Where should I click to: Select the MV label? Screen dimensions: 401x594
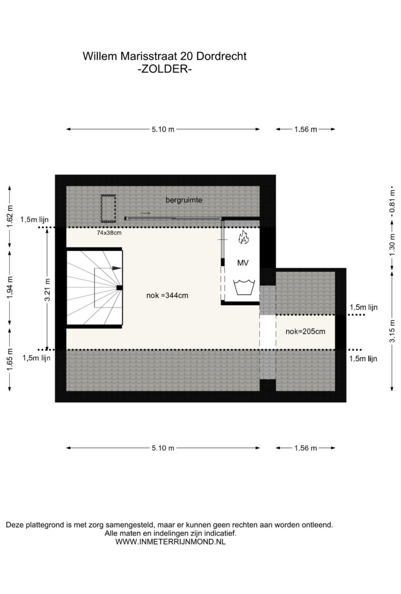point(243,263)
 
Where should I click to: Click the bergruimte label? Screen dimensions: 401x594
point(184,200)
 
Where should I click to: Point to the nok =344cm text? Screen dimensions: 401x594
point(167,296)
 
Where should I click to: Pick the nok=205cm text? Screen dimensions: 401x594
point(305,332)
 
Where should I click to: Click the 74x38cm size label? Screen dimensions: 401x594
point(109,233)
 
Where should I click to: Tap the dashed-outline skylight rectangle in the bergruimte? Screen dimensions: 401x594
point(108,208)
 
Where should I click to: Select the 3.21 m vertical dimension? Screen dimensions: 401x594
point(47,289)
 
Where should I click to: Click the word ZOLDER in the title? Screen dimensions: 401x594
point(165,69)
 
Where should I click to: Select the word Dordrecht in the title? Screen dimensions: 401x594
point(221,56)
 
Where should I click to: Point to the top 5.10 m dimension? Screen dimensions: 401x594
point(163,129)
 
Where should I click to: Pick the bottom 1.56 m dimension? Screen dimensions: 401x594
point(305,448)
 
